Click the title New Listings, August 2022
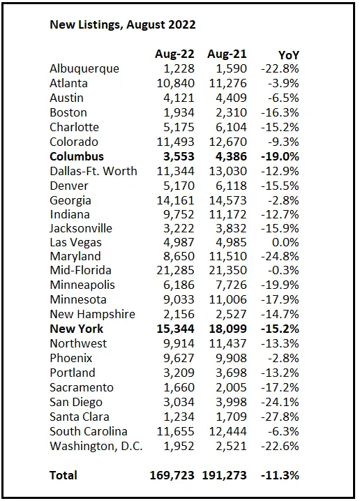[123, 25]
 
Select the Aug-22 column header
[174, 54]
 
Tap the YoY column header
[289, 55]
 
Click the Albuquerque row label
[84, 68]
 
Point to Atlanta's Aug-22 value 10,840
[175, 83]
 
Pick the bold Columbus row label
[77, 156]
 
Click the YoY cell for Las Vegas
[285, 242]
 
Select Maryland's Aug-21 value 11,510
[228, 256]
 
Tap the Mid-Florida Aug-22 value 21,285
[175, 270]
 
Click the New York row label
[77, 329]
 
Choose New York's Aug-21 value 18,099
[228, 329]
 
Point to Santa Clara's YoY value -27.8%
[280, 417]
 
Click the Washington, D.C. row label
[96, 446]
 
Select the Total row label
[63, 475]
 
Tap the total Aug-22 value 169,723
[172, 475]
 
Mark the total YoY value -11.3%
[280, 475]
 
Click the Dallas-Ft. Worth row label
[93, 171]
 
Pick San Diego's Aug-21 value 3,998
[231, 402]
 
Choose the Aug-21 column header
[227, 54]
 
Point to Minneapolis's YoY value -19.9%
[280, 285]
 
